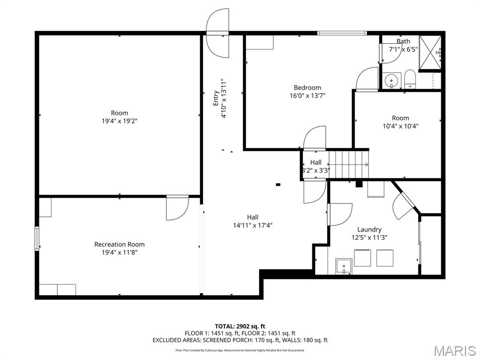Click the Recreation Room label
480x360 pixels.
119,244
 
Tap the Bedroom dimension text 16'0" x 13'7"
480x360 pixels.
307,96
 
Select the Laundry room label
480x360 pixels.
369,229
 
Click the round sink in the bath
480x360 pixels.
391,81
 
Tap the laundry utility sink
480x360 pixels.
345,266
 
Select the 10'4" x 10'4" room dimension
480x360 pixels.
400,126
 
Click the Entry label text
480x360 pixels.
216,98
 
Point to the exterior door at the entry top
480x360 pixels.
218,34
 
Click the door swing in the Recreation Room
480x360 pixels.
177,208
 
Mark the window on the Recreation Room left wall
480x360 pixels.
37,239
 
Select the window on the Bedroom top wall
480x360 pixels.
342,33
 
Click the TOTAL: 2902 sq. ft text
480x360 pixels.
240,326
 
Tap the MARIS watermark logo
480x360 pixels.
454,350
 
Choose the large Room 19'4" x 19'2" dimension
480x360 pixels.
119,120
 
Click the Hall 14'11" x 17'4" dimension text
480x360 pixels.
253,225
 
